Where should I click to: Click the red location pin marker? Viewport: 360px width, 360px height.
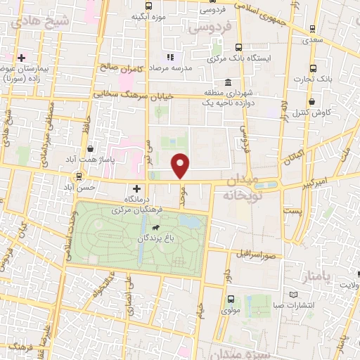(x=181, y=165)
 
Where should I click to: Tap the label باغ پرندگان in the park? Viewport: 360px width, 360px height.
(x=156, y=238)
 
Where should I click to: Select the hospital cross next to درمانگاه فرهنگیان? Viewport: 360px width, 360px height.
(x=136, y=188)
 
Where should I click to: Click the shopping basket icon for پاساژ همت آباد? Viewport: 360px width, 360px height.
(x=92, y=148)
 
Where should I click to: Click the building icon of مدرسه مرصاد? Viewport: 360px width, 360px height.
(x=169, y=56)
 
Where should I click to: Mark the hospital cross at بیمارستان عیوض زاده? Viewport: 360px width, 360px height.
(x=22, y=58)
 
